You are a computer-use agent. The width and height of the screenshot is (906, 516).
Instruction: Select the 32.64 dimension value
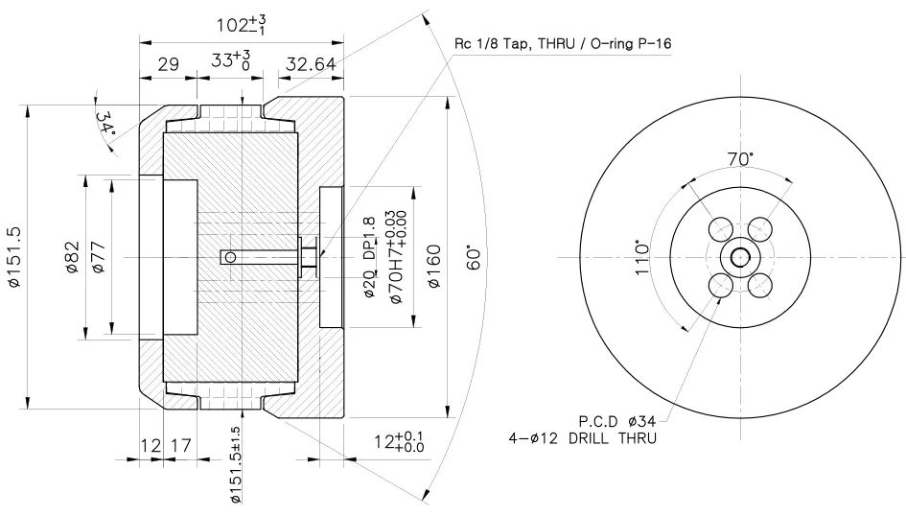311,65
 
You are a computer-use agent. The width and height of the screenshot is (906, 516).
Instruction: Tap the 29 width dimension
169,65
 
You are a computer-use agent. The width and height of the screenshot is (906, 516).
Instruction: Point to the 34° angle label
105,122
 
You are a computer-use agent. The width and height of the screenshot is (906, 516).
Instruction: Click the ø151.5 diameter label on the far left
14,256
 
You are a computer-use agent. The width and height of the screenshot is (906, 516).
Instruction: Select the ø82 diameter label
72,256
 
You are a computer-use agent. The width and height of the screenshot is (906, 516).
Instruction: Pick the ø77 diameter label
98,256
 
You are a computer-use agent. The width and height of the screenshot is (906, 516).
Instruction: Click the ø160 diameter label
433,256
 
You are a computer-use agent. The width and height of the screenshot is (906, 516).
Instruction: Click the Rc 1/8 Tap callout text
561,44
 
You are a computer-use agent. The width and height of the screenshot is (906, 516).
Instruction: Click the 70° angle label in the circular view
739,159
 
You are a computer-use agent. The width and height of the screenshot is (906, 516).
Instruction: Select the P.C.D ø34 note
620,420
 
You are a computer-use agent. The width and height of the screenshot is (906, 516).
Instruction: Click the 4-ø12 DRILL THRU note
583,438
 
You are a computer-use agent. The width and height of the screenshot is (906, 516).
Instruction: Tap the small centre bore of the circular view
740,256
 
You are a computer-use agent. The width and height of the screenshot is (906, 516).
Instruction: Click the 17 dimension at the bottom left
180,445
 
